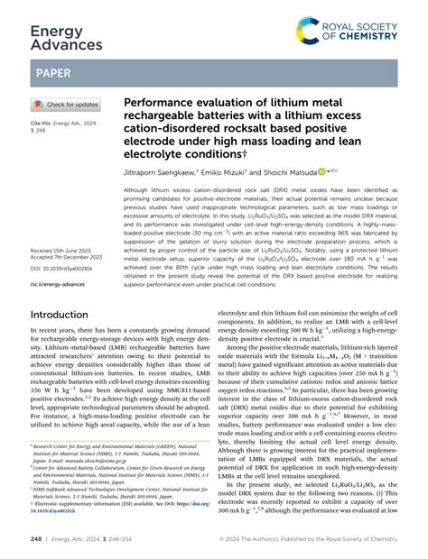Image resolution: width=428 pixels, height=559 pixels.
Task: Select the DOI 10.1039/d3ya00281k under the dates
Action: (x=67, y=269)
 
